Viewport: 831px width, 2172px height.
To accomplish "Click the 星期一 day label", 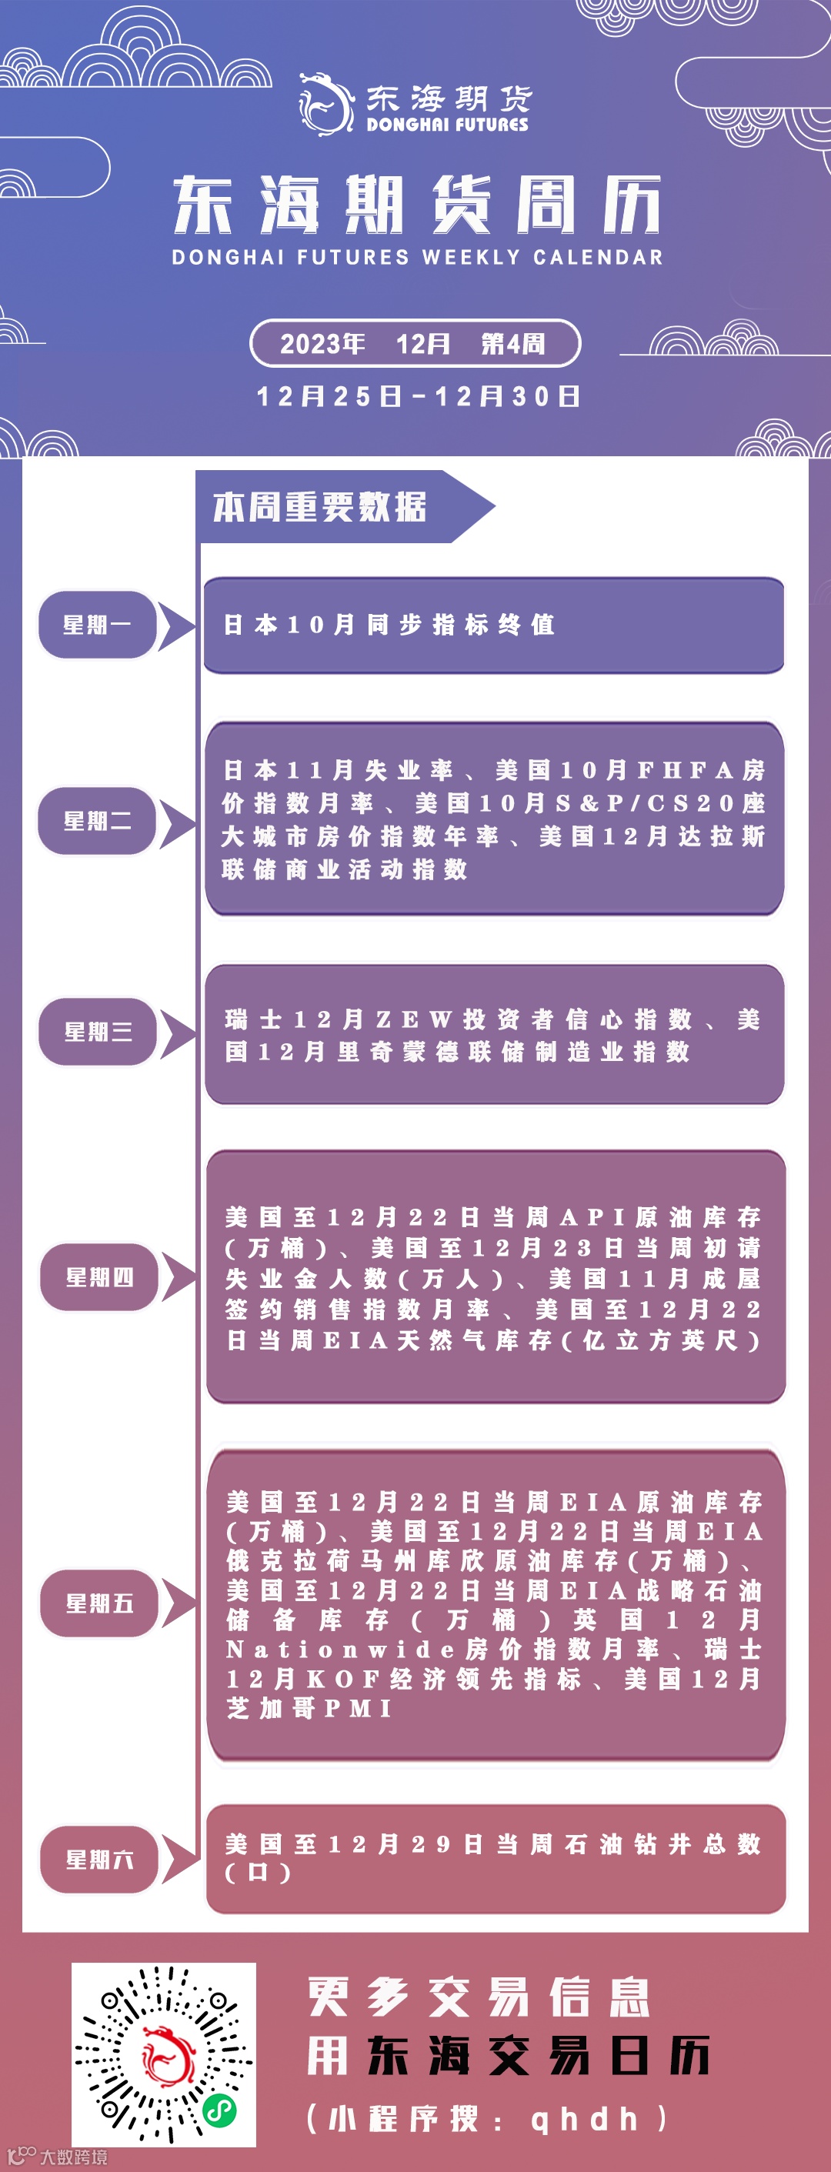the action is tap(97, 625).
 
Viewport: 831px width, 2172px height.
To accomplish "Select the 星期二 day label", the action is tap(97, 820).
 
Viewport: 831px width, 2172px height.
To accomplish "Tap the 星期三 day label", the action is tap(98, 1031).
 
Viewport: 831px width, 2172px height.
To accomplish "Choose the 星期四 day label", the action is tap(99, 1276).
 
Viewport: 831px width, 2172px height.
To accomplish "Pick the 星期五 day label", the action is tap(99, 1603).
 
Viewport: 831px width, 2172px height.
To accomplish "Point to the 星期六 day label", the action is tap(99, 1859).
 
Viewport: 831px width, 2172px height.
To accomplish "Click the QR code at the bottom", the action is tap(163, 2054).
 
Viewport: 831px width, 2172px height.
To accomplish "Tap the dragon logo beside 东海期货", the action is tap(325, 104).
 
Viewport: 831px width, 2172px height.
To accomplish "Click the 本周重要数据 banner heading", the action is tap(320, 507).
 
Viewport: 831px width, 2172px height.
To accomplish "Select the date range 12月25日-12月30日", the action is tap(418, 396).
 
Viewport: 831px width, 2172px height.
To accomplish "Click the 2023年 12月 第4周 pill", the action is tap(415, 343).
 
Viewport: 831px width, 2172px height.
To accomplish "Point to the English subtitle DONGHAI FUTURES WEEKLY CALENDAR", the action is tap(417, 257).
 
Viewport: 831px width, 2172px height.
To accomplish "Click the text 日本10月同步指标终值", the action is tap(389, 625).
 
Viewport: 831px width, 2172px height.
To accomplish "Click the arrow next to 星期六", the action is tap(178, 1859).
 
